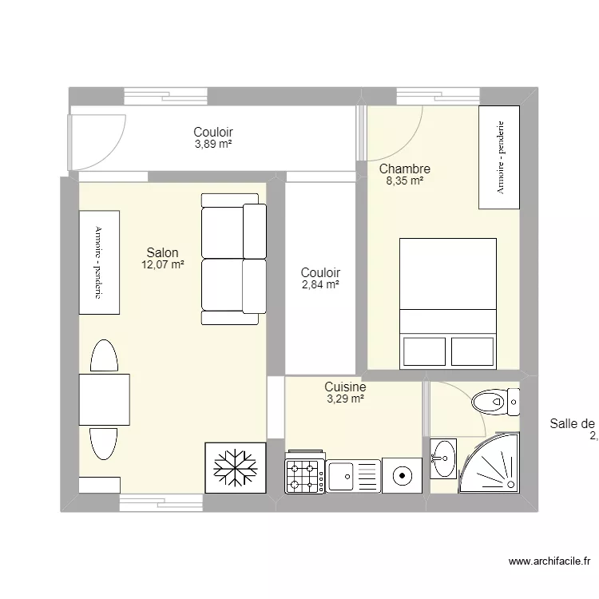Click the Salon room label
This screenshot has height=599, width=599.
point(162,253)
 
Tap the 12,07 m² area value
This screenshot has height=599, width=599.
point(163,265)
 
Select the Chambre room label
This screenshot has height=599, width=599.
point(405,169)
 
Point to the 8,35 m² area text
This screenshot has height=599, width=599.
point(405,181)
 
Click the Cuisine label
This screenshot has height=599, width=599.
point(345,387)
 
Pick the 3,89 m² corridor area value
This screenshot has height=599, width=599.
point(213,145)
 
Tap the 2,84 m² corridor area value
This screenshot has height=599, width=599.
point(320,284)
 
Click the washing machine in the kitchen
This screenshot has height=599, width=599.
point(402,476)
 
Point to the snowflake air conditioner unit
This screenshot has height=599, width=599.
point(235,468)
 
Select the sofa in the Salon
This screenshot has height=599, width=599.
point(234,259)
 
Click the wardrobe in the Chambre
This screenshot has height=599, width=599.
point(499,157)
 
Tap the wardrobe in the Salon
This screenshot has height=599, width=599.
point(99,262)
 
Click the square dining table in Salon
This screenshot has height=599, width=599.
point(104,400)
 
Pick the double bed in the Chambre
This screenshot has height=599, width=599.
point(447,303)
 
